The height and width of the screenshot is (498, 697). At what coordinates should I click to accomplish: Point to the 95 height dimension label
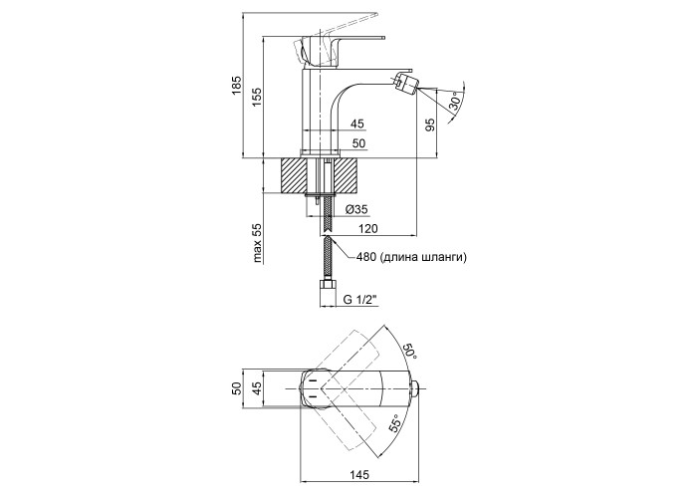(430, 124)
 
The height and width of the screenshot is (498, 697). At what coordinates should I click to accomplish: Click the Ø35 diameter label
(356, 209)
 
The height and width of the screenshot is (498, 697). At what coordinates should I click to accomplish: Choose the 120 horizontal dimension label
(367, 228)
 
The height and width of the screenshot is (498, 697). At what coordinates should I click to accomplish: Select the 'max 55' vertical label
(256, 243)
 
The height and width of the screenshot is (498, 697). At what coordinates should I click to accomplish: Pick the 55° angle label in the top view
(395, 425)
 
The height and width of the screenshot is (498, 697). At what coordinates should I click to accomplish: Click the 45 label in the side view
(357, 124)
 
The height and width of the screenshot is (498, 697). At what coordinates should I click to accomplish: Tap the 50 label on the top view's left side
(236, 388)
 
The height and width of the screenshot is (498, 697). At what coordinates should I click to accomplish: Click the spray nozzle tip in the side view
(404, 80)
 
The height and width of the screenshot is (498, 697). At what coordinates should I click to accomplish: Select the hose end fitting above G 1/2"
(326, 293)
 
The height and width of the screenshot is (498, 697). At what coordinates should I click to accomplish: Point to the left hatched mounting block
(298, 176)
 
